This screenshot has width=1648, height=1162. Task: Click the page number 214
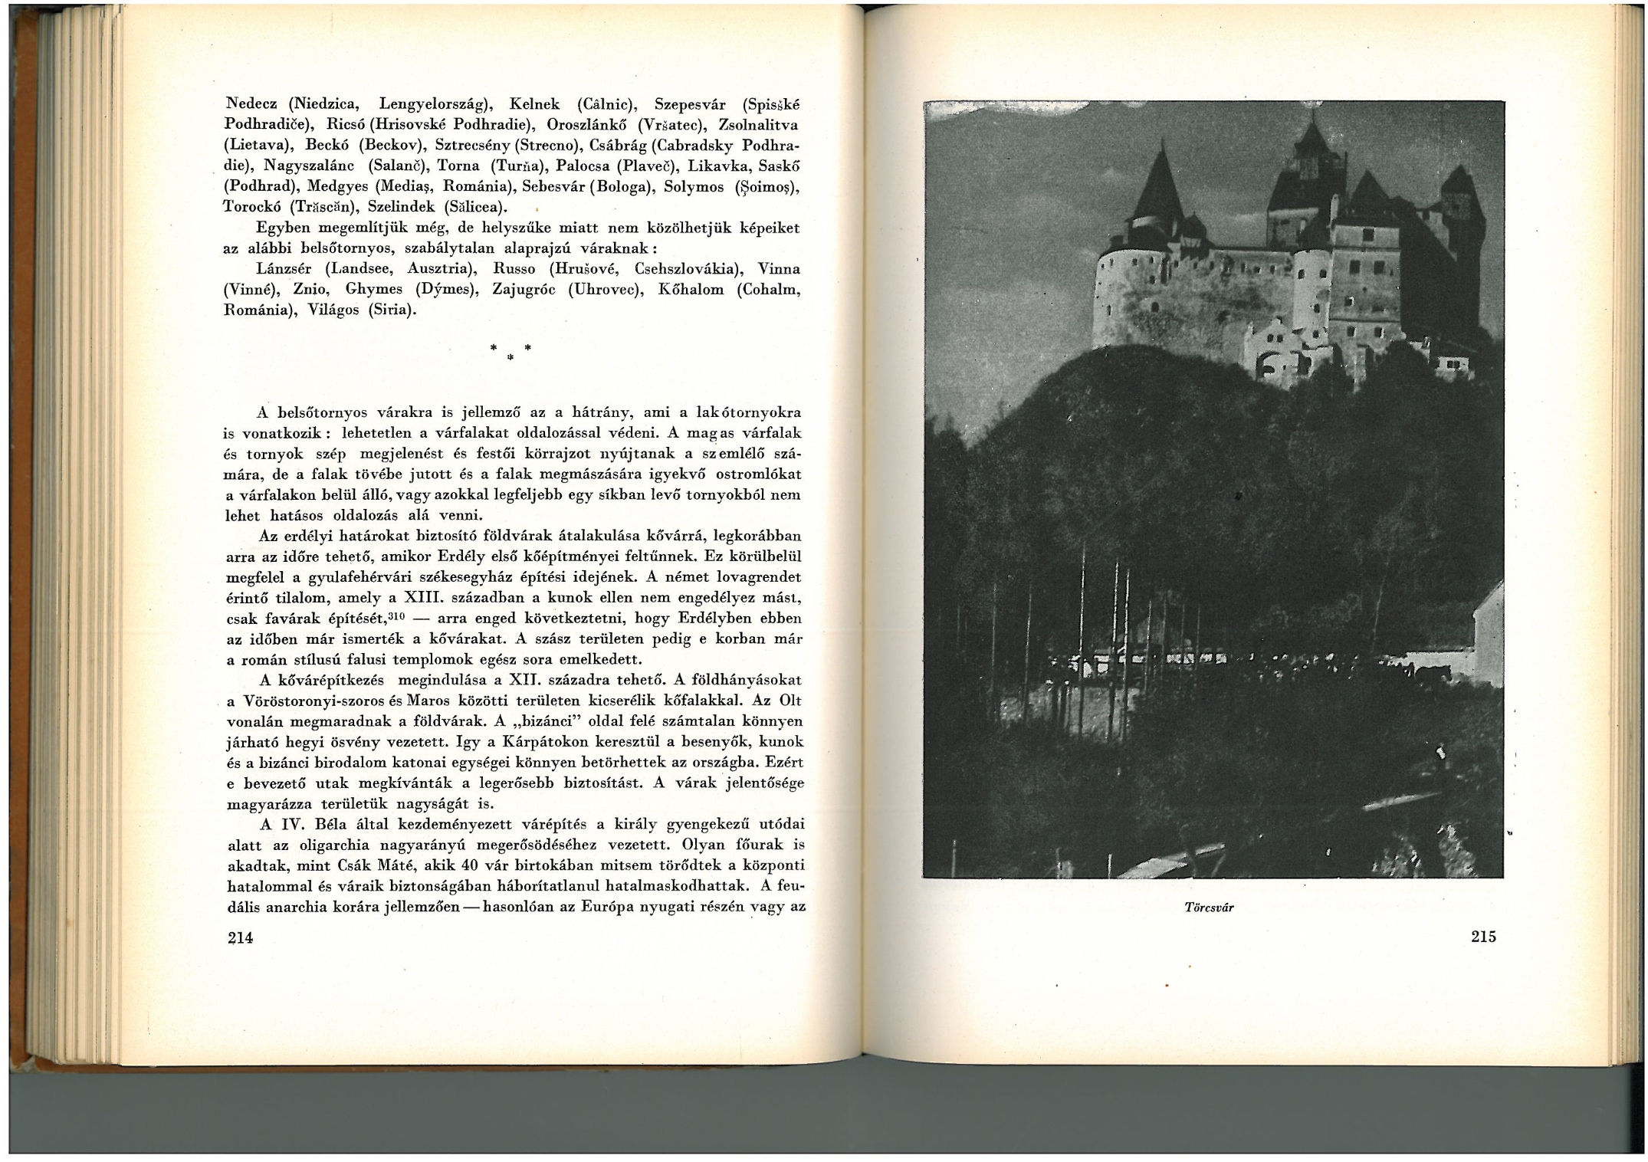point(240,937)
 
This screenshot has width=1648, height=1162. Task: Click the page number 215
point(1483,936)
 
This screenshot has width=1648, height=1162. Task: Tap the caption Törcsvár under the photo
point(1209,908)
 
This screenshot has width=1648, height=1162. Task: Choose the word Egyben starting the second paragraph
point(284,228)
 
